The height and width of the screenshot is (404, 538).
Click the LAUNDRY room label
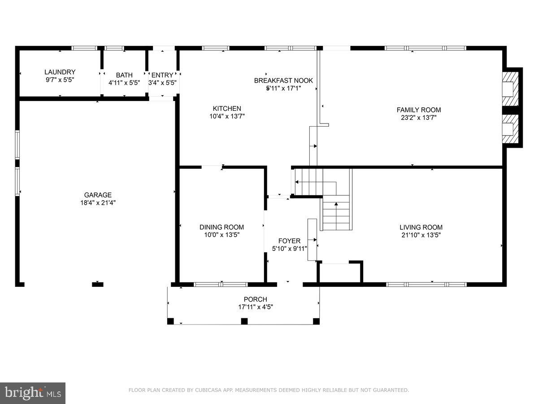point(60,72)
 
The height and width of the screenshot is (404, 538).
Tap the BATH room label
point(124,75)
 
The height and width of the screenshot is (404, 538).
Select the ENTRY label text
point(162,75)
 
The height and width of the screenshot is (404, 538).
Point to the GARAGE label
point(98,195)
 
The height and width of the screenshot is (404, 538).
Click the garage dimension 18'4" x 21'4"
point(98,202)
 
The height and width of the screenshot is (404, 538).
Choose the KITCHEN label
point(227,108)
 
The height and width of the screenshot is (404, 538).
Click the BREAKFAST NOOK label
point(283,80)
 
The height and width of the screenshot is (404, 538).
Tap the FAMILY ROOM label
point(419,110)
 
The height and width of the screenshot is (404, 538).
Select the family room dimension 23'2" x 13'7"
point(419,118)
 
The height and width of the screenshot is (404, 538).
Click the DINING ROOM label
point(221,227)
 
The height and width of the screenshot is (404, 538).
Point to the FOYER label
point(290,241)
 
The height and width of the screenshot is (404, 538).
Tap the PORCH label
point(256,299)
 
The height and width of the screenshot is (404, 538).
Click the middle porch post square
point(244,321)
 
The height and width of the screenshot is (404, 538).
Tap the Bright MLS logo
point(33,393)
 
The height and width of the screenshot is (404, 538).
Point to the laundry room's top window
point(84,48)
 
